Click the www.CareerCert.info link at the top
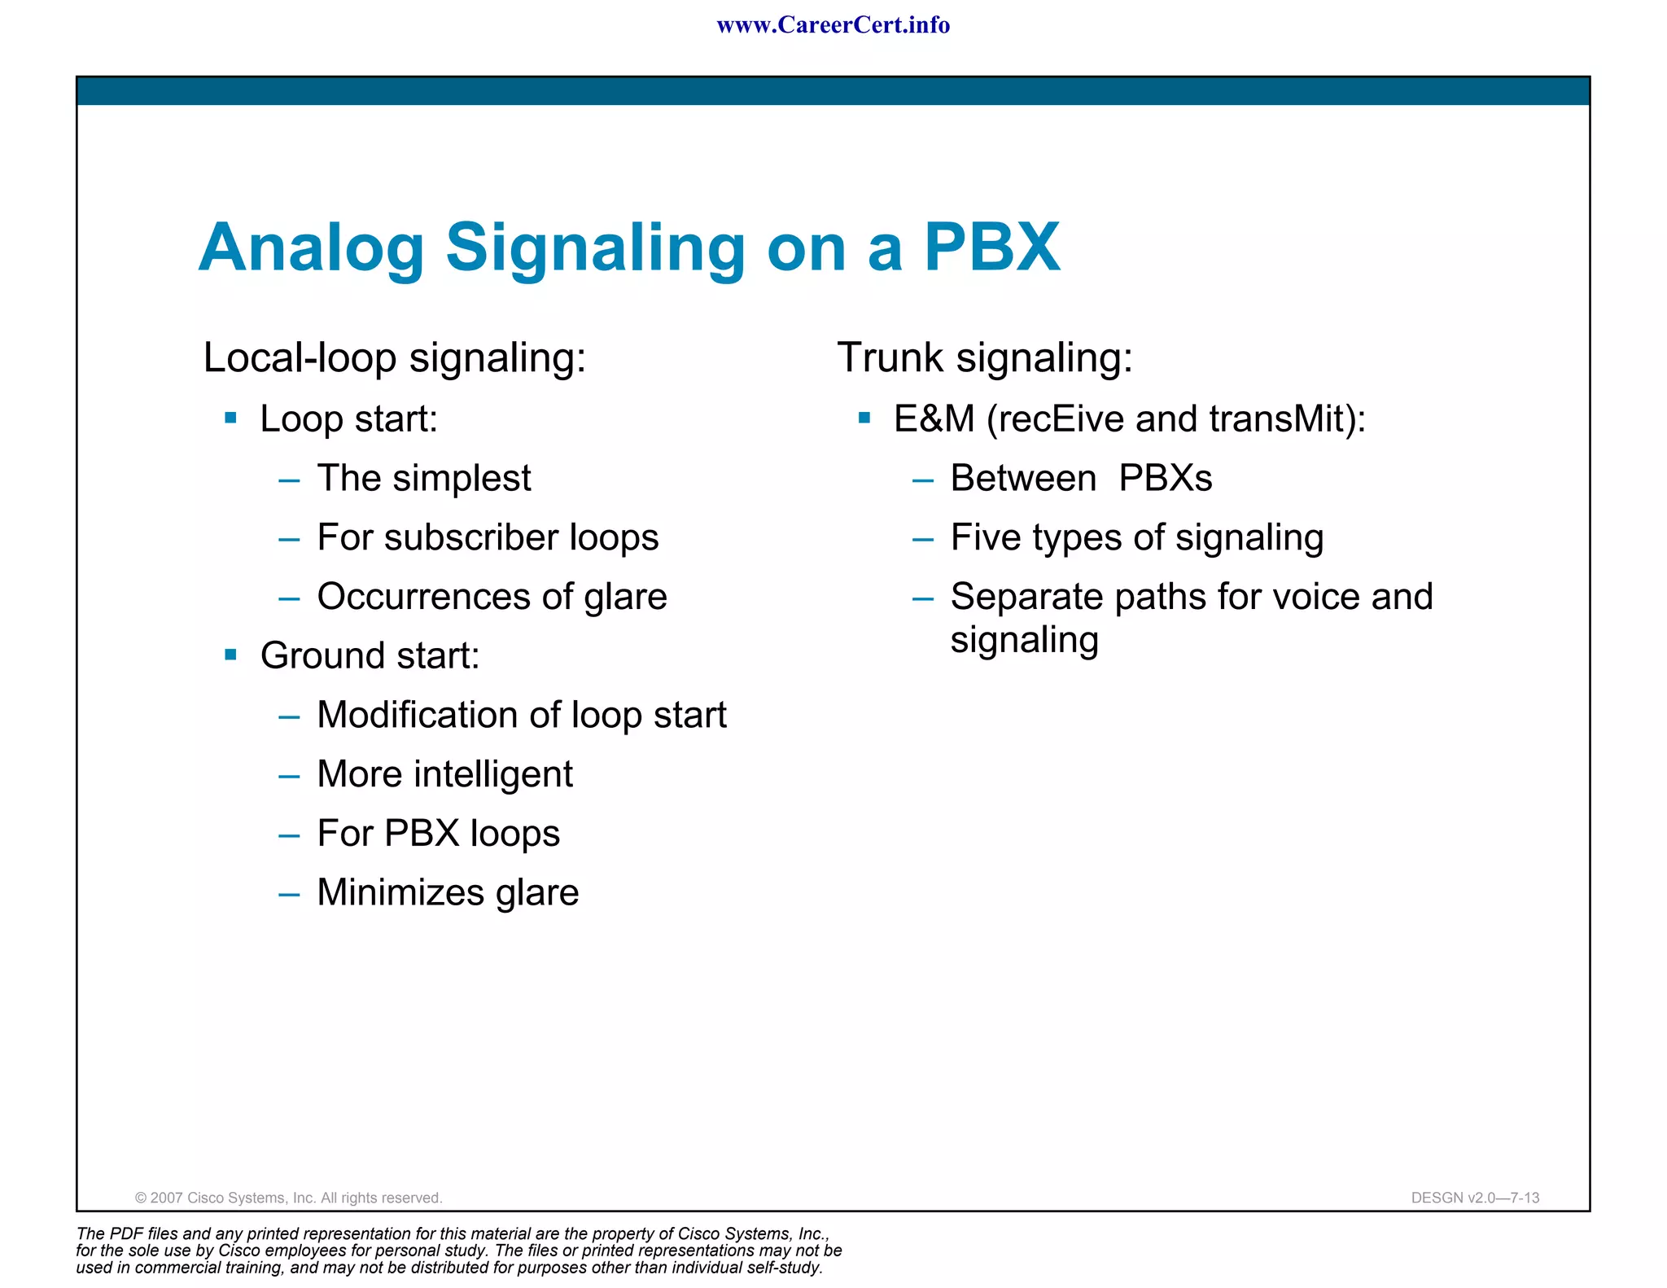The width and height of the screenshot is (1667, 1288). pyautogui.click(x=833, y=25)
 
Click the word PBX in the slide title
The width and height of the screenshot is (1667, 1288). pyautogui.click(x=991, y=247)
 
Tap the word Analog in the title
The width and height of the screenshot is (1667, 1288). pyautogui.click(x=312, y=248)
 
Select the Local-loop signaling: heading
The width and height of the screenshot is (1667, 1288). pyautogui.click(x=395, y=357)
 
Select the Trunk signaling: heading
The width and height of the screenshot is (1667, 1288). pyautogui.click(x=985, y=357)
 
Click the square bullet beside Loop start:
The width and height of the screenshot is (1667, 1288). pyautogui.click(x=230, y=418)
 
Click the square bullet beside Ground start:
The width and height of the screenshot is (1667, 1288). pyautogui.click(x=230, y=655)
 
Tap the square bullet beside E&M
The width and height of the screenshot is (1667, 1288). pyautogui.click(x=864, y=418)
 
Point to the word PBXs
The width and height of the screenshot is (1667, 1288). pyautogui.click(x=1166, y=479)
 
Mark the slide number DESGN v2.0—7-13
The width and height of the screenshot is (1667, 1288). pyautogui.click(x=1475, y=1198)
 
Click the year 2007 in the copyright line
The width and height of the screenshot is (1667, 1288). pyautogui.click(x=167, y=1198)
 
